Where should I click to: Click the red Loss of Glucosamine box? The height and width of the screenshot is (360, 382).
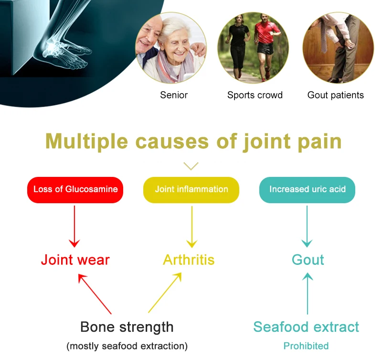click(75, 189)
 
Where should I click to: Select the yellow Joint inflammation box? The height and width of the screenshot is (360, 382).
click(191, 189)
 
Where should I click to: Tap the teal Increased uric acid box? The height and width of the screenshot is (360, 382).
click(307, 189)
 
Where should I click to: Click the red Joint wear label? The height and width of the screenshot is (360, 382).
click(75, 260)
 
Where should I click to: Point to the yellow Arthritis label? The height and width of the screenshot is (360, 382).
click(189, 260)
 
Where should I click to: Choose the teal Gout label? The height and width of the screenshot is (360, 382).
click(308, 260)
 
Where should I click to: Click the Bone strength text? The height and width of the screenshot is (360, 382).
click(127, 327)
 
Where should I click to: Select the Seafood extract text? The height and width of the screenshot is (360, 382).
click(306, 327)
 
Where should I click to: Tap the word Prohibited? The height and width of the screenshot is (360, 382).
click(306, 346)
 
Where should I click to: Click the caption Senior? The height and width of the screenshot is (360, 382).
click(174, 95)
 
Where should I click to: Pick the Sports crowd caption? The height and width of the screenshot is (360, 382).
click(255, 95)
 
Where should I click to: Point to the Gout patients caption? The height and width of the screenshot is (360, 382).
click(336, 95)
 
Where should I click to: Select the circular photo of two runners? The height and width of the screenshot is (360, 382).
click(253, 48)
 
